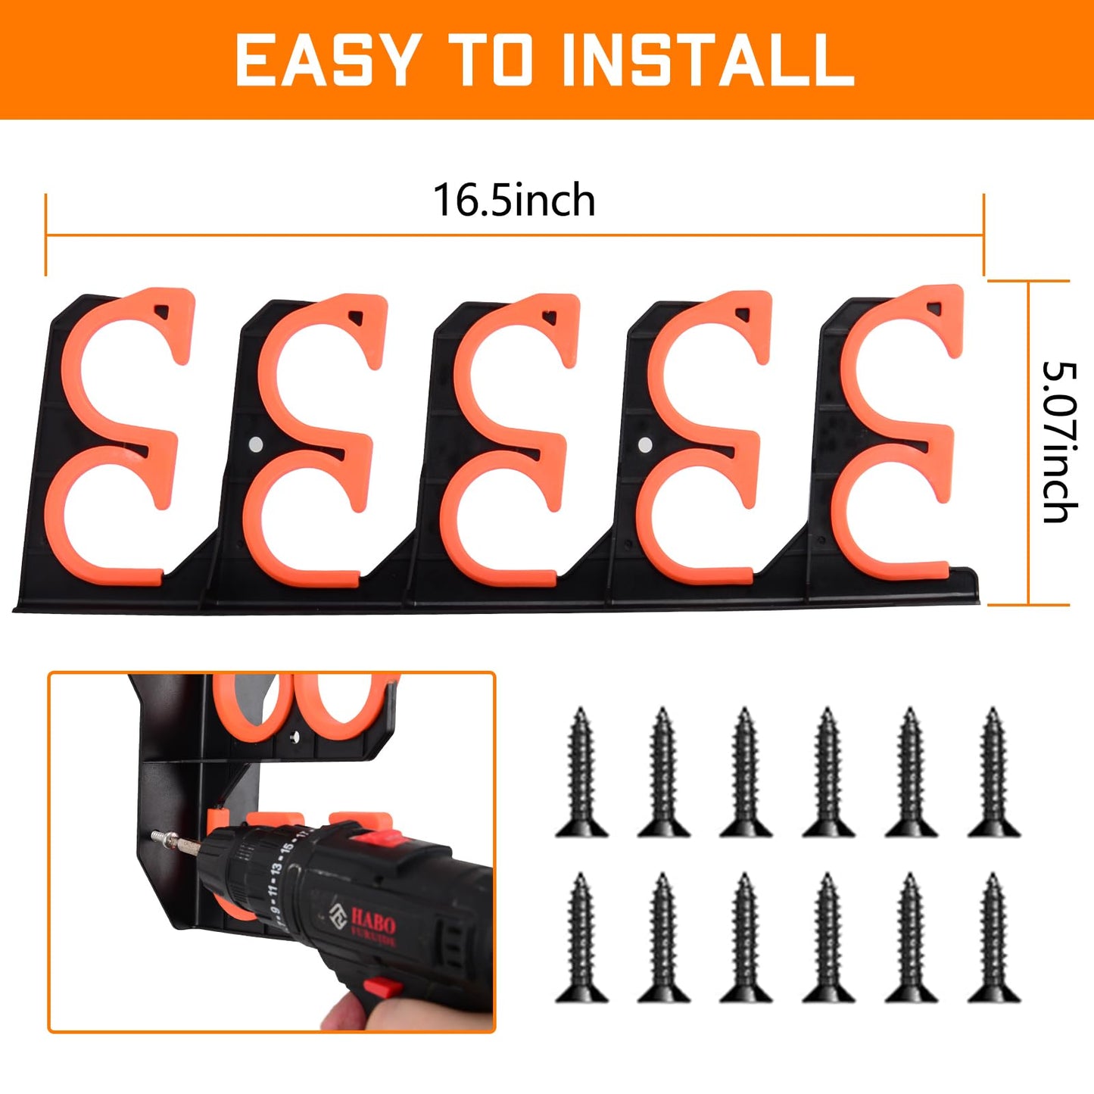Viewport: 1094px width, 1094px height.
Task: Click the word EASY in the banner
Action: tap(326, 60)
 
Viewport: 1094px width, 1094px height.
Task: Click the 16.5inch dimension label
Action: tap(514, 201)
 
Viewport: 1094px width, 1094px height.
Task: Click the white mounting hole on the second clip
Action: tap(255, 443)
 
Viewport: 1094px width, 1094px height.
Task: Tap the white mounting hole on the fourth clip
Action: tap(644, 444)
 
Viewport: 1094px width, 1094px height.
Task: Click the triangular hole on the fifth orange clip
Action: tap(936, 308)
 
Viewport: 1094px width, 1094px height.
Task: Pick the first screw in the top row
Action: tap(581, 772)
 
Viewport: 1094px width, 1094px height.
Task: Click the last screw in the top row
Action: tap(993, 772)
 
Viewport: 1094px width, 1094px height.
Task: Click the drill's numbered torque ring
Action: tap(273, 871)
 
